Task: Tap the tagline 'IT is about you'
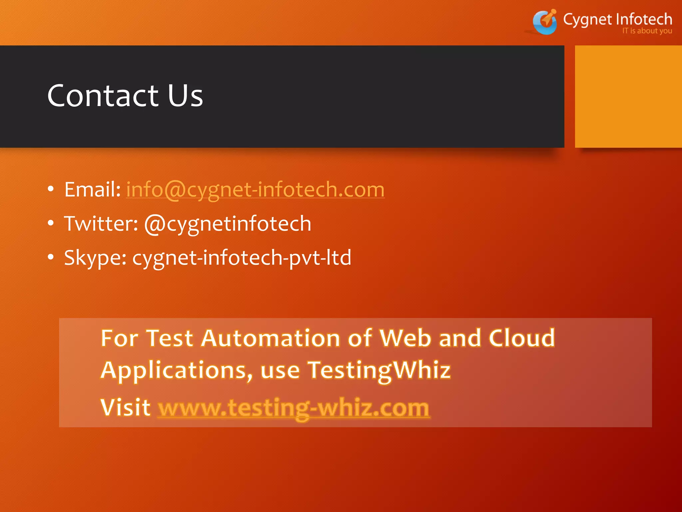point(647,31)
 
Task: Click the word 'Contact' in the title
point(103,96)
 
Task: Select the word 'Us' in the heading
point(185,96)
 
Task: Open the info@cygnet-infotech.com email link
point(255,190)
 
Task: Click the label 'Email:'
point(93,190)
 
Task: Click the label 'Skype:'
point(95,258)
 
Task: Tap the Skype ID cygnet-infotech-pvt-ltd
point(242,258)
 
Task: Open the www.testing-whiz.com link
point(294,408)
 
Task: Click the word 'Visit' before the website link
point(126,407)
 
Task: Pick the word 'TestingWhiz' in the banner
point(379,371)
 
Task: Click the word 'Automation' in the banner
point(270,338)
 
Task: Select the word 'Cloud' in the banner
point(522,338)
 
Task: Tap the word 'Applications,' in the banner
point(177,371)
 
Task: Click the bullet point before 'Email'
point(51,189)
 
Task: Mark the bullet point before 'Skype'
point(51,257)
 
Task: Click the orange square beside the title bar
point(628,97)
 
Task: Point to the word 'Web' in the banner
point(405,338)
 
